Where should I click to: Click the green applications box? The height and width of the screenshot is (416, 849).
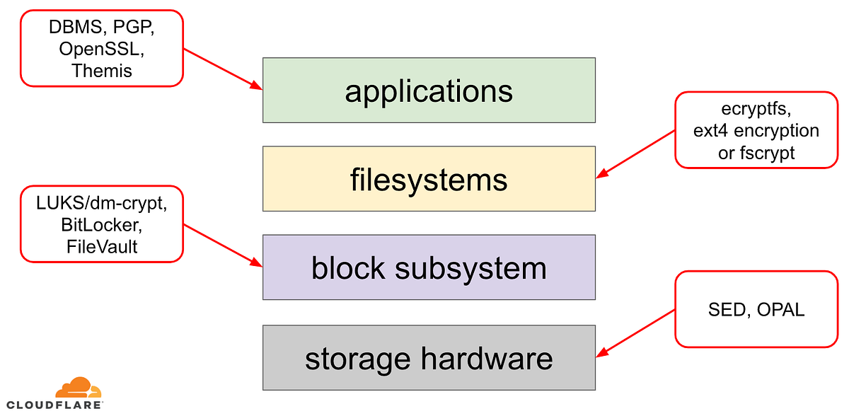pos(428,91)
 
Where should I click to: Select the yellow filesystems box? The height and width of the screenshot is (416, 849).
pos(428,179)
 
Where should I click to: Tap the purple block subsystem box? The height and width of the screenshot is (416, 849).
pos(428,268)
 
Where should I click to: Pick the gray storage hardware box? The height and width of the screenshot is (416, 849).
pos(428,358)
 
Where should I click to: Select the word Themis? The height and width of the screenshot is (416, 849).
pos(101,71)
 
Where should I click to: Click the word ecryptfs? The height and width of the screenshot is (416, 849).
pos(756,110)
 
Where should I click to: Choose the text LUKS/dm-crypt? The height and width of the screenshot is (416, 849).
pos(101,204)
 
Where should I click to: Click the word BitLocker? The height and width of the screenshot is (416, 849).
pos(101,225)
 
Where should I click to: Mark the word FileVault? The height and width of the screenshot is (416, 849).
pos(101,246)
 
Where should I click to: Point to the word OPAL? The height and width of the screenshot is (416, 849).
pos(780,309)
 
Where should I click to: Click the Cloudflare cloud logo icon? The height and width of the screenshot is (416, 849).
pos(79,387)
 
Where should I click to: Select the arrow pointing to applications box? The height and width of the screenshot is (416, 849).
pos(223,70)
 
